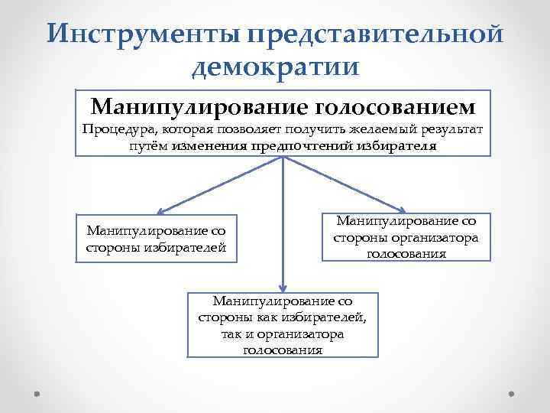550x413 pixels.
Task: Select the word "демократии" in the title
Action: click(x=275, y=68)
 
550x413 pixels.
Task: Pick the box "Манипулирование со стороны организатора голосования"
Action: click(x=406, y=238)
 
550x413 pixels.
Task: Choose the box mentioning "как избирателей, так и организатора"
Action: click(x=283, y=324)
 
